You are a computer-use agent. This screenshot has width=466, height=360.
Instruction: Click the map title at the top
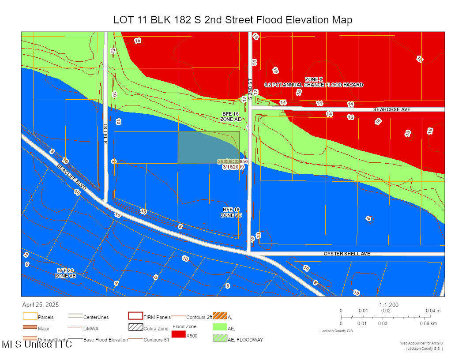[x=233, y=20]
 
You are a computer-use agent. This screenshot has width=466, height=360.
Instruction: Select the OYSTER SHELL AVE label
[x=347, y=254]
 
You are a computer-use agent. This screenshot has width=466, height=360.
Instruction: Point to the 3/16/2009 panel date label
[x=233, y=167]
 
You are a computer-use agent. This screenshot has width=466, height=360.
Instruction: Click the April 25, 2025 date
[x=41, y=304]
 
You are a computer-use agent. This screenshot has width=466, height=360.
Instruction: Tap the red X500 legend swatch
[x=179, y=335]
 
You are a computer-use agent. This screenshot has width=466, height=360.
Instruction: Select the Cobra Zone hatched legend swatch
[x=135, y=328]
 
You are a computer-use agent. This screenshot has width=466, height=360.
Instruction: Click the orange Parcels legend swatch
[x=29, y=316]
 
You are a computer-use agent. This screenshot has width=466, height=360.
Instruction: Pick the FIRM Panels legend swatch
[x=135, y=316]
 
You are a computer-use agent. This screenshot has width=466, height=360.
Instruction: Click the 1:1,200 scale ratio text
[x=388, y=304]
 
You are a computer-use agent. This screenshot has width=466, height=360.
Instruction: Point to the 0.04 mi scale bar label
[x=433, y=311]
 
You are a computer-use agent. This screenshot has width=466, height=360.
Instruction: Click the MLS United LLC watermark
[x=36, y=345]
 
